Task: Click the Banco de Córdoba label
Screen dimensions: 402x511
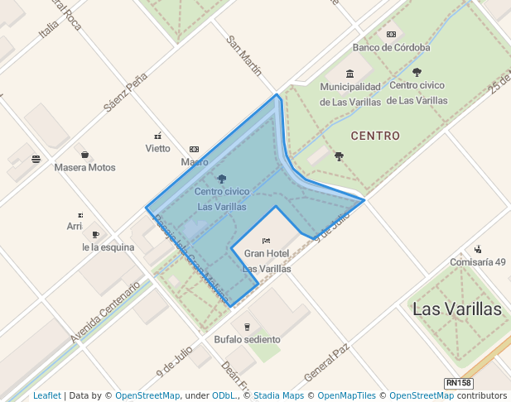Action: (391, 47)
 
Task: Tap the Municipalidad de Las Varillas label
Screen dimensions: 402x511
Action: (350, 93)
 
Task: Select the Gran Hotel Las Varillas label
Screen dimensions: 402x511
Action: (266, 261)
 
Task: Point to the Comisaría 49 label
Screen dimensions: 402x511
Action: (477, 262)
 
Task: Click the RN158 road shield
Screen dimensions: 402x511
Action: (458, 383)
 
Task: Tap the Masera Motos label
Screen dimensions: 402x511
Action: (84, 167)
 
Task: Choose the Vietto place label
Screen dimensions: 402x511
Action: (157, 149)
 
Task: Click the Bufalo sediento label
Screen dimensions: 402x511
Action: (247, 339)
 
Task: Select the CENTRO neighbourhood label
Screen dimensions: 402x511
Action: (375, 136)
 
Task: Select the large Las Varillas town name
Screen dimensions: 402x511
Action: (456, 309)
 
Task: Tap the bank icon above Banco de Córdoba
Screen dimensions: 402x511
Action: (391, 34)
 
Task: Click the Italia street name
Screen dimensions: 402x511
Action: (50, 30)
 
